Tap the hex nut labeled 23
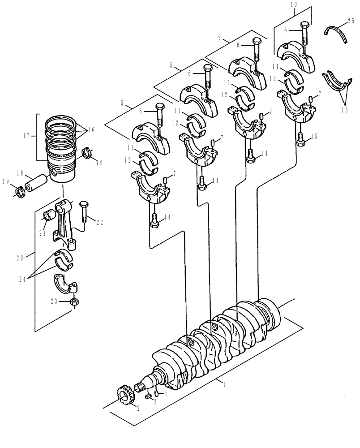75,302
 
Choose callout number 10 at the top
294,4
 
